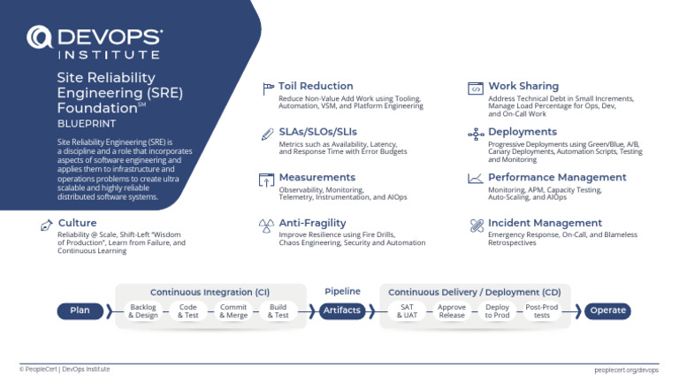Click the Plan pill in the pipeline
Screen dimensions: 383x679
(80, 310)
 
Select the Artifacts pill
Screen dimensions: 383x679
(342, 310)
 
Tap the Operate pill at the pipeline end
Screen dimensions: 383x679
(607, 310)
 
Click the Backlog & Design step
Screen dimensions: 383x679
(143, 310)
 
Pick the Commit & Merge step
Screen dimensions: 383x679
(233, 310)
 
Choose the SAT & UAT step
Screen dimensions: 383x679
(407, 310)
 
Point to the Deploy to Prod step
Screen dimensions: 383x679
(497, 310)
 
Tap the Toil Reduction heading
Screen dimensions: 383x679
(316, 87)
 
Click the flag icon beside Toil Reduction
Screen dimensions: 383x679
(268, 88)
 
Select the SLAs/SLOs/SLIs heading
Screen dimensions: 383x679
(318, 132)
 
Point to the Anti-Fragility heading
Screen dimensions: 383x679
(312, 223)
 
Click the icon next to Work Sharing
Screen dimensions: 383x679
(475, 88)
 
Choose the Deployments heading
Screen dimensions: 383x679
(523, 132)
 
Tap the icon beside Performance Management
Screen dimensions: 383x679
(475, 178)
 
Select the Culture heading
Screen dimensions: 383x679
(77, 223)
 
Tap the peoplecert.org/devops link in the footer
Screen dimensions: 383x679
(628, 369)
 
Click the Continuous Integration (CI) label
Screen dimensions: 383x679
(210, 291)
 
